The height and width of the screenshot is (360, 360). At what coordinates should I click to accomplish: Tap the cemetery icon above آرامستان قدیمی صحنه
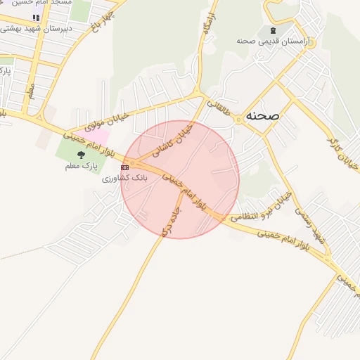click(272, 31)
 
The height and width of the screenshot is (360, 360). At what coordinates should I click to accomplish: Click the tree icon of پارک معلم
click(81, 155)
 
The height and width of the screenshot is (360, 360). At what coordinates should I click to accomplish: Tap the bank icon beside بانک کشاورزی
click(125, 167)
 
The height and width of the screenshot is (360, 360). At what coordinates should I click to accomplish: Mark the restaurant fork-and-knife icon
click(36, 17)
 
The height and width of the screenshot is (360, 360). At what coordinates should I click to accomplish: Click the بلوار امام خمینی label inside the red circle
click(184, 190)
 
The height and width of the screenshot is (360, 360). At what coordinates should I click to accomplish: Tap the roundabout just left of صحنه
click(238, 120)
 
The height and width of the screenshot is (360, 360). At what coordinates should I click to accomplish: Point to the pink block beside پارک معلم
click(99, 136)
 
